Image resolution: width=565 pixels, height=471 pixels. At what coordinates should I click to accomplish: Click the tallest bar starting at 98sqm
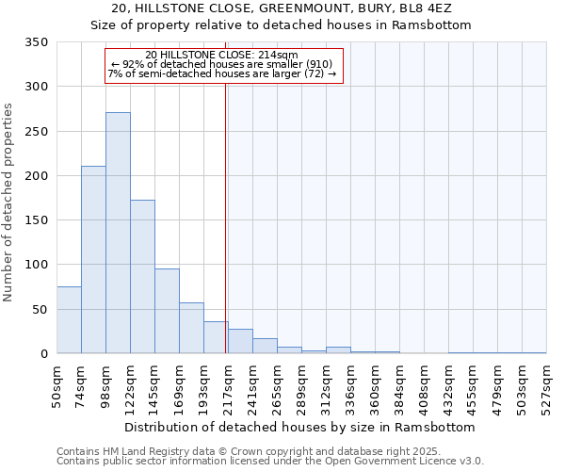pyautogui.click(x=118, y=233)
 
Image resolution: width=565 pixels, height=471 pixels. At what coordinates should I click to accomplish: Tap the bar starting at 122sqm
pyautogui.click(x=142, y=277)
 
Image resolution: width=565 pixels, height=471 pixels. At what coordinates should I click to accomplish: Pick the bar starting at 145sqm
pyautogui.click(x=167, y=311)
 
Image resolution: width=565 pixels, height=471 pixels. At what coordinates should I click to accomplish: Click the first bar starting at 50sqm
pyautogui.click(x=69, y=320)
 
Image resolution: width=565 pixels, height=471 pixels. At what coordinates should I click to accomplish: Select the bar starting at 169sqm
pyautogui.click(x=191, y=328)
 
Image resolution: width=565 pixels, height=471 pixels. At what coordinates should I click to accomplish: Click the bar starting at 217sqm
pyautogui.click(x=240, y=341)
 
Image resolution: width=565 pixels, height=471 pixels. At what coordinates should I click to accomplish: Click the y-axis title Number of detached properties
pyautogui.click(x=9, y=203)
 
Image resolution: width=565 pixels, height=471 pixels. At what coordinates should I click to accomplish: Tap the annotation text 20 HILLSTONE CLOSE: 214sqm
pyautogui.click(x=222, y=55)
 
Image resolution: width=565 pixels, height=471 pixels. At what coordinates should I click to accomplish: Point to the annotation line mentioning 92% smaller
pyautogui.click(x=222, y=64)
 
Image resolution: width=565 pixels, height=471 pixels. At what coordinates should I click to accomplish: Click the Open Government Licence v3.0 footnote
pyautogui.click(x=270, y=462)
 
